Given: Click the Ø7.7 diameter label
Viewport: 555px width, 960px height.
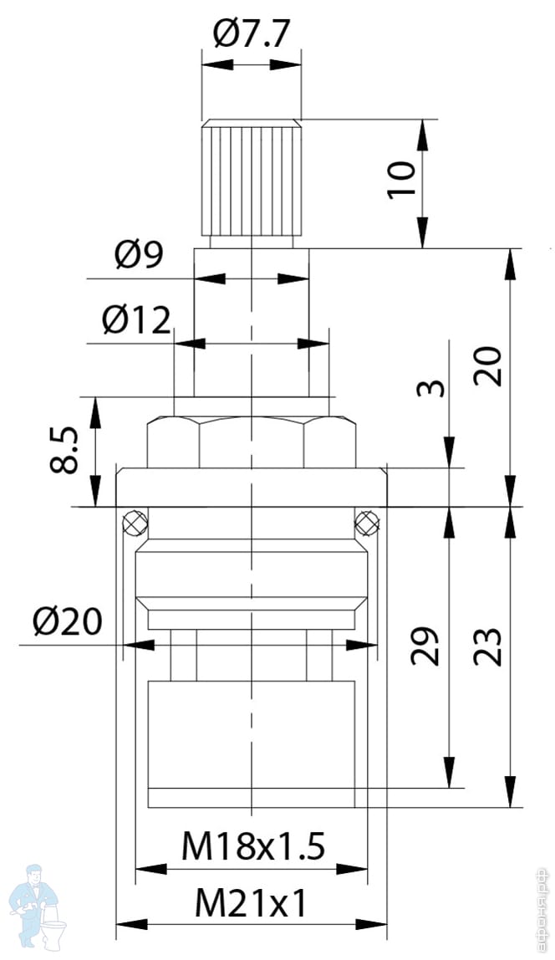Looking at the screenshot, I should pos(251,33).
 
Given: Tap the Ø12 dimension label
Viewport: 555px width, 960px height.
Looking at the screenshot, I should pos(136,319).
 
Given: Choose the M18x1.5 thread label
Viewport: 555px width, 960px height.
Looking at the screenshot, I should pos(252,848).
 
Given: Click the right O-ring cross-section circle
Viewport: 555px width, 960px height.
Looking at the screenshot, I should pos(366,523).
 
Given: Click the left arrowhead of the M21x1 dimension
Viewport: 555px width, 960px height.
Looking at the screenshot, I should pos(124,924).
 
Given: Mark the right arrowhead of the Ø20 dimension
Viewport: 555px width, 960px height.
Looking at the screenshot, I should pos(367,645).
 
